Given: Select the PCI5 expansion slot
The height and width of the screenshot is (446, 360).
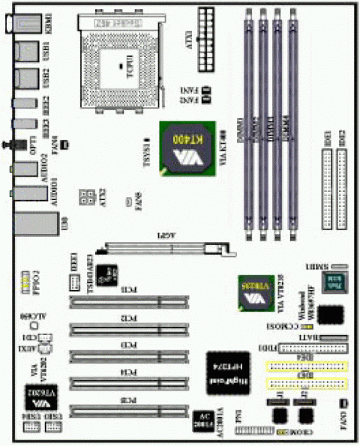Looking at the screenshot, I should tap(127, 409).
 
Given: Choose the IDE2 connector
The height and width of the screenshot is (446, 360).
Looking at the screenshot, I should tap(343, 187).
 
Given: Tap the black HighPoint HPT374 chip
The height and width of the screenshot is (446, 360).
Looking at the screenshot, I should tap(228, 370).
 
